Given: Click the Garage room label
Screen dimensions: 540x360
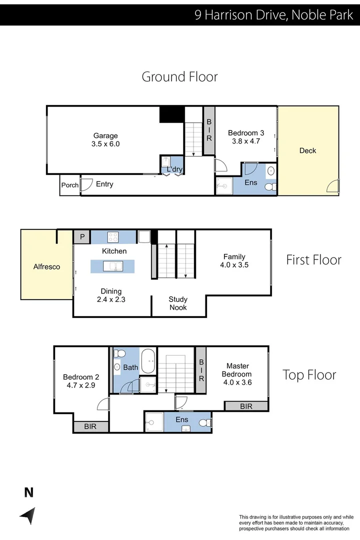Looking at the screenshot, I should [x=105, y=135].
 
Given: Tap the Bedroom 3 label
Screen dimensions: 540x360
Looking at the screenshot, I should [x=245, y=133].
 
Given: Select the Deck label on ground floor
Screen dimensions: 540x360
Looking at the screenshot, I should [x=307, y=150].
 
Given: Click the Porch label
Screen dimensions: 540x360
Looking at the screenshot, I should [x=69, y=185].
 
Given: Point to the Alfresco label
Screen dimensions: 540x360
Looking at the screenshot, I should [x=46, y=266].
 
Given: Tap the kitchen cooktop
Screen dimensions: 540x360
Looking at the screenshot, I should [x=113, y=236].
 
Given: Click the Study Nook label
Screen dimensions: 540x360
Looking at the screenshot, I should [x=178, y=303].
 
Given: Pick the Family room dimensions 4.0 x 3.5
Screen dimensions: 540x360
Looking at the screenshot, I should [x=234, y=265].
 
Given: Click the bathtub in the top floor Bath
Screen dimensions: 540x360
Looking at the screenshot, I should [x=148, y=361].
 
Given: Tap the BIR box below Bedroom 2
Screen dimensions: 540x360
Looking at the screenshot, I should [x=90, y=426].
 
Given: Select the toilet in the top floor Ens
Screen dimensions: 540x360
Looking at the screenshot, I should [x=204, y=423].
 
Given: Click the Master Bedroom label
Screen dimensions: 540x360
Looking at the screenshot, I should [x=236, y=370].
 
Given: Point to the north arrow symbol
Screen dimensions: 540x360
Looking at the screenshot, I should [x=28, y=515].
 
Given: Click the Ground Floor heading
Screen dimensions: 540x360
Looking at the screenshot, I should [x=179, y=77].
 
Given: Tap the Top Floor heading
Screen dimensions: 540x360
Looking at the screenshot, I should [x=309, y=374].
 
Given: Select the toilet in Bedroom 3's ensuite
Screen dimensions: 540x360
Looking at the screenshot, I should [x=270, y=187].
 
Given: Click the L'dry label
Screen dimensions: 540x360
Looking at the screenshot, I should [x=174, y=169].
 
